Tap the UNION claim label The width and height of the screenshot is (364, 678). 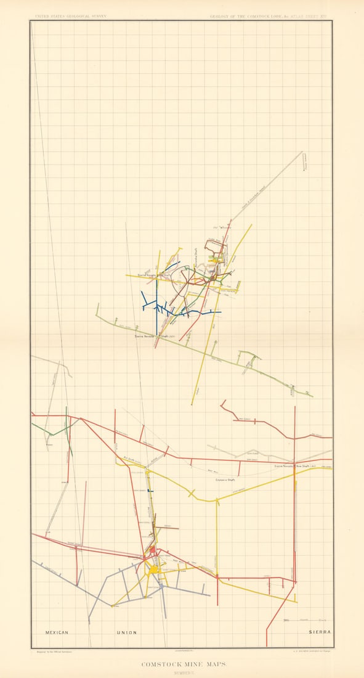click(127, 632)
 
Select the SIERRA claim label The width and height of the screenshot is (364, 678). click(320, 632)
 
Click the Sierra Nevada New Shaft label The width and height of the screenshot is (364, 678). click(295, 467)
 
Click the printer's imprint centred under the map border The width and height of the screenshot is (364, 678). click(182, 651)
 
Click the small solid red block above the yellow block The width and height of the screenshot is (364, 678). click(152, 549)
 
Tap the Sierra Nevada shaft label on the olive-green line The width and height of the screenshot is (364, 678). click(156, 337)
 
